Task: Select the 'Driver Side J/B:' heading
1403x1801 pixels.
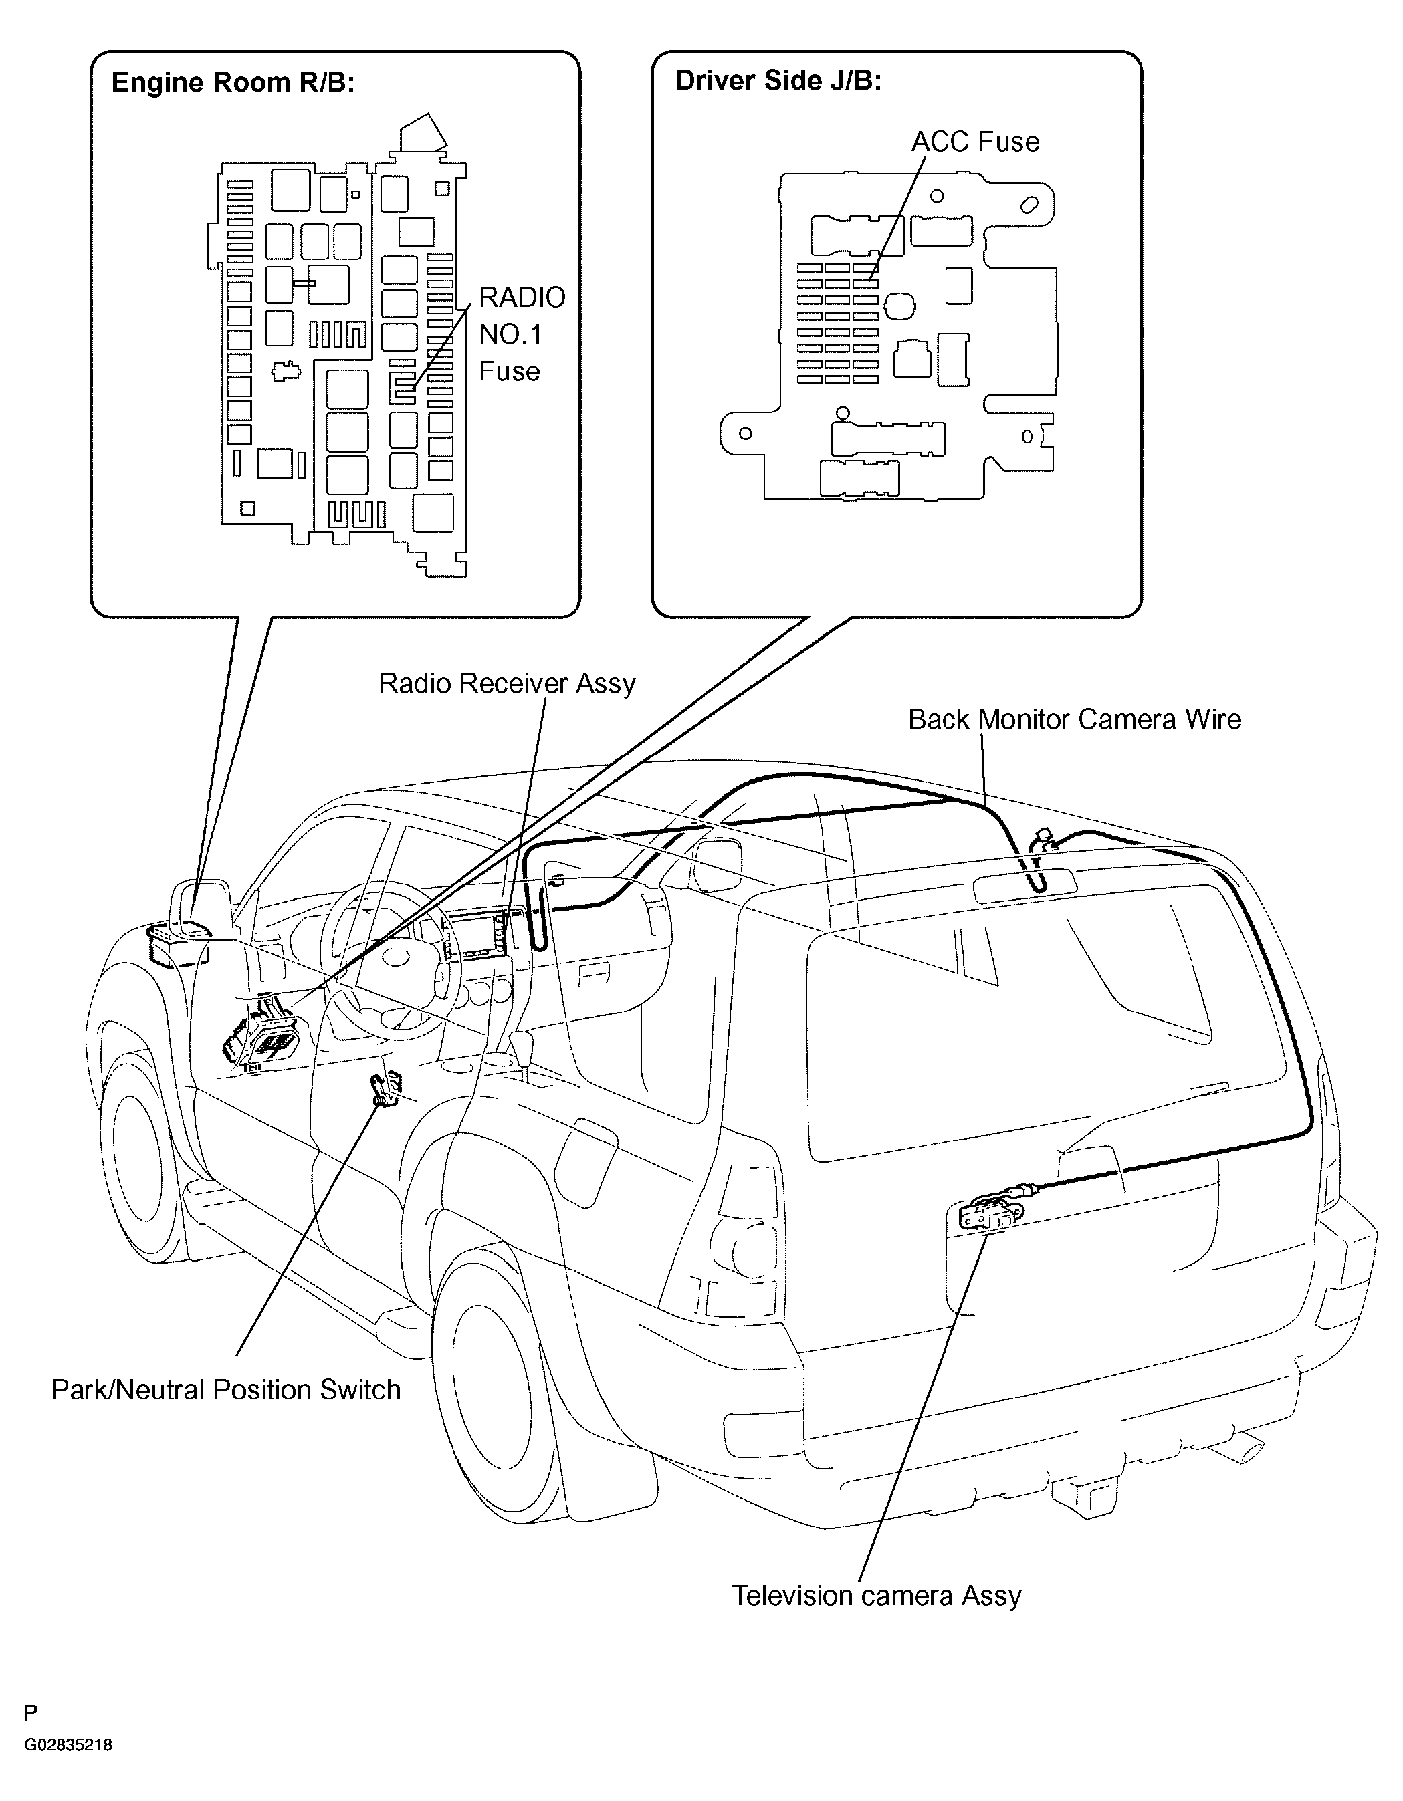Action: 778,80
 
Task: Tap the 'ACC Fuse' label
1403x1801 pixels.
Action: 975,142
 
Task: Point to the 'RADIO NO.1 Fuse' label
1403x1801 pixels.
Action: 522,334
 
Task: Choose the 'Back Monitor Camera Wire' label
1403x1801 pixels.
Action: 1075,720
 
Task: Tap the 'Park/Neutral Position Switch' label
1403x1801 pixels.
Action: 226,1389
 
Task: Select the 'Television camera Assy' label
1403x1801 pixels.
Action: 877,1596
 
